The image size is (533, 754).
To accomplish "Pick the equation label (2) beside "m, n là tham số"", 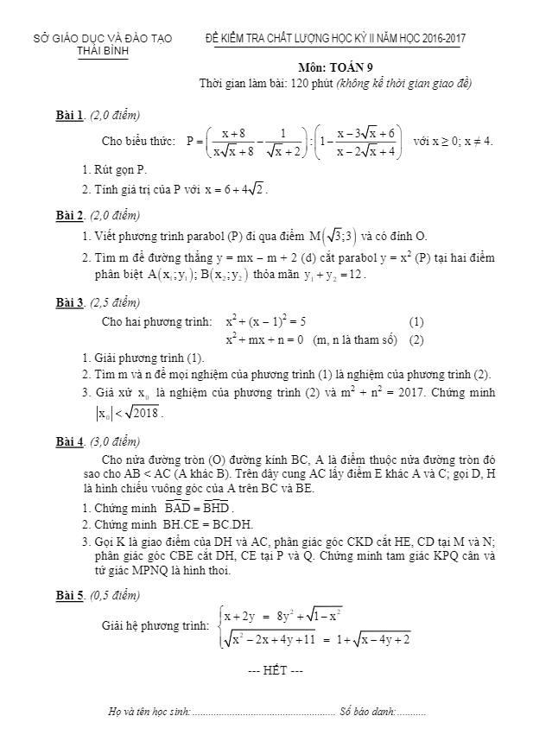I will click(x=416, y=339).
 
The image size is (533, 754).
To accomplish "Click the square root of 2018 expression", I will click(x=143, y=412).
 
